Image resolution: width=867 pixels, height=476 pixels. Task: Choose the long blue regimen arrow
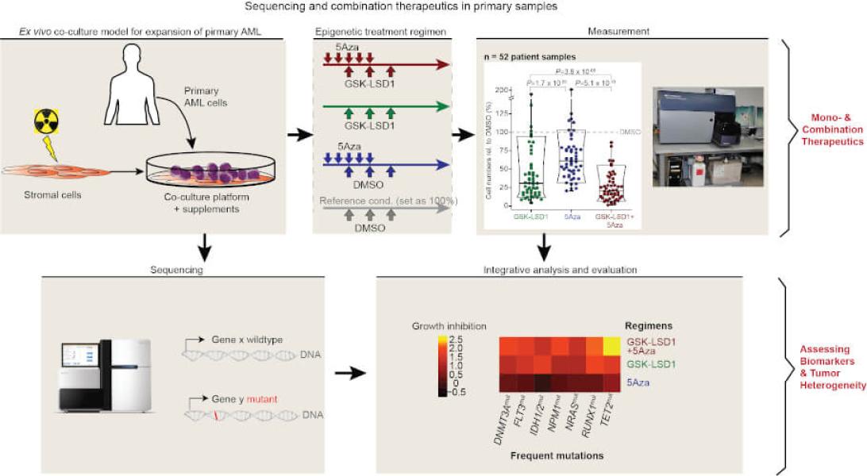(387, 164)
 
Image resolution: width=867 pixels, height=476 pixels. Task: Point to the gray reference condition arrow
(387, 210)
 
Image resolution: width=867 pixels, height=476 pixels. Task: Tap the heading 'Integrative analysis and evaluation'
(560, 271)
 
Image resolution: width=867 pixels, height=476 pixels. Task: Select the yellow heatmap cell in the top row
(612, 345)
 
